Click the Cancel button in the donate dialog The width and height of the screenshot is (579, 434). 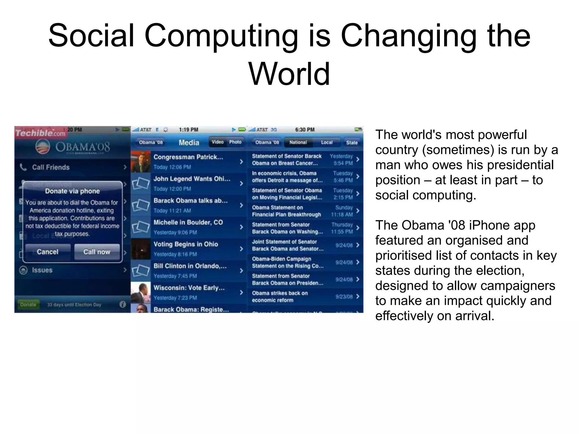(x=47, y=252)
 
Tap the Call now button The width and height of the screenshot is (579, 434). (x=97, y=252)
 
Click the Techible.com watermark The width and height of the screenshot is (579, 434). (x=40, y=133)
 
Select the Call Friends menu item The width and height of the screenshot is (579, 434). (x=51, y=167)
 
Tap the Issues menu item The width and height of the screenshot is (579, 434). (x=42, y=270)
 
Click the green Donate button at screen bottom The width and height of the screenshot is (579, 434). (x=28, y=305)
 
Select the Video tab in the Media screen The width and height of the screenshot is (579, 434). (x=218, y=142)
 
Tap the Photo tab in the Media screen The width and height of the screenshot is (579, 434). (x=235, y=142)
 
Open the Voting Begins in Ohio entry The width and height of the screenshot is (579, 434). (x=186, y=244)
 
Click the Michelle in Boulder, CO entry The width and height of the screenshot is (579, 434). (x=188, y=223)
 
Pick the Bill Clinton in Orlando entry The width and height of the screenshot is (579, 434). (x=190, y=266)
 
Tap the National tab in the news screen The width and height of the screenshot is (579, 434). (x=298, y=142)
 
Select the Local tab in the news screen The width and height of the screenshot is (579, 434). (x=327, y=142)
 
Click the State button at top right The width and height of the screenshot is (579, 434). (x=352, y=143)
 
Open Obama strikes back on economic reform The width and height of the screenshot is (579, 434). (x=280, y=297)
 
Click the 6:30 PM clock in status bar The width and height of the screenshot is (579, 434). (x=305, y=130)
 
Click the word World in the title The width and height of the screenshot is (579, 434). (x=289, y=74)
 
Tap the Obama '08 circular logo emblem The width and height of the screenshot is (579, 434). (x=43, y=147)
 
